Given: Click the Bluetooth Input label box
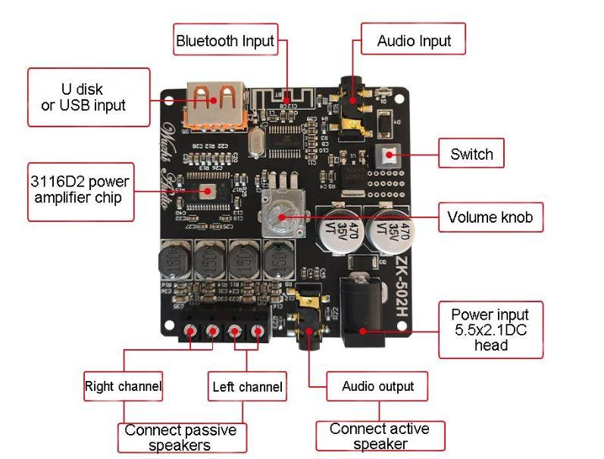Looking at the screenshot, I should (225, 40).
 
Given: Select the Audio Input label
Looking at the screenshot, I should (414, 41).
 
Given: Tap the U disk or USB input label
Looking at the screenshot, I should (89, 97).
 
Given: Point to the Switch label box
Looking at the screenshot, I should (471, 155).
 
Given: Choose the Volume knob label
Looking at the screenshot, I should (490, 217).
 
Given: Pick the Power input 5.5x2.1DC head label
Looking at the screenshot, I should (490, 329).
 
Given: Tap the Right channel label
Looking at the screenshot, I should (123, 386).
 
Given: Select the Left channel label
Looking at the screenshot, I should (247, 387).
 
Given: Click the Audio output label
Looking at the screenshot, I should (377, 386).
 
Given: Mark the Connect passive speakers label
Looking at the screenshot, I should (180, 437).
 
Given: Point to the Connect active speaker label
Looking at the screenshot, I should (380, 436).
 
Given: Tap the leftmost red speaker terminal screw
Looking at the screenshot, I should (190, 331).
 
